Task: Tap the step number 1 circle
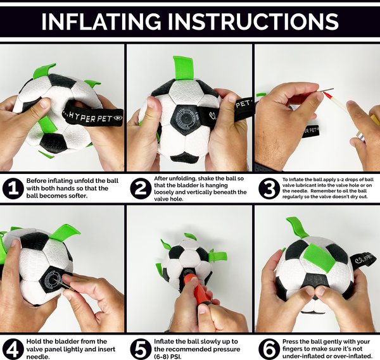pyautogui.click(x=13, y=189)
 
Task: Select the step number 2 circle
pyautogui.click(x=141, y=189)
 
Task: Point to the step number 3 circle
pyautogui.click(x=269, y=189)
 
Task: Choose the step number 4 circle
pyautogui.click(x=13, y=349)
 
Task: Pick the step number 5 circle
pyautogui.click(x=141, y=349)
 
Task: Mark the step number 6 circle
pyautogui.click(x=269, y=349)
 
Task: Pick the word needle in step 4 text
pyautogui.click(x=38, y=357)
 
